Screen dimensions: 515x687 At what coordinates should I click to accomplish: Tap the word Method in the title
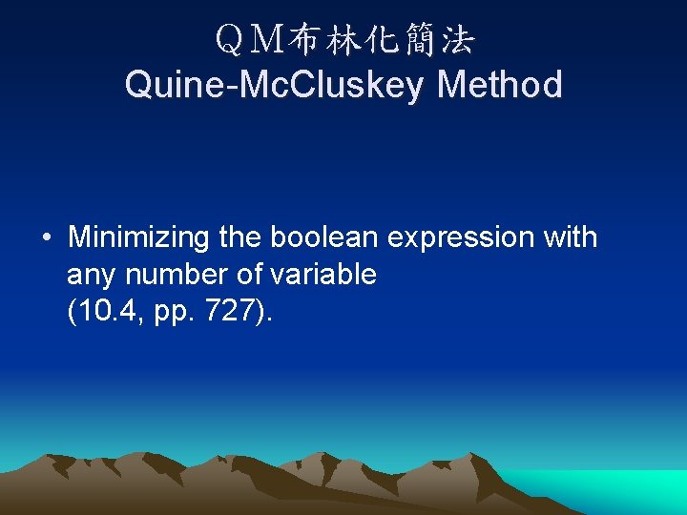[499, 85]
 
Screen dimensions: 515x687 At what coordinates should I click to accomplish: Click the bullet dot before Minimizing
[46, 237]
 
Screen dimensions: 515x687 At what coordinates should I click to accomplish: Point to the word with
[570, 237]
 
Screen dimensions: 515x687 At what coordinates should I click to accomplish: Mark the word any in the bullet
[92, 276]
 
